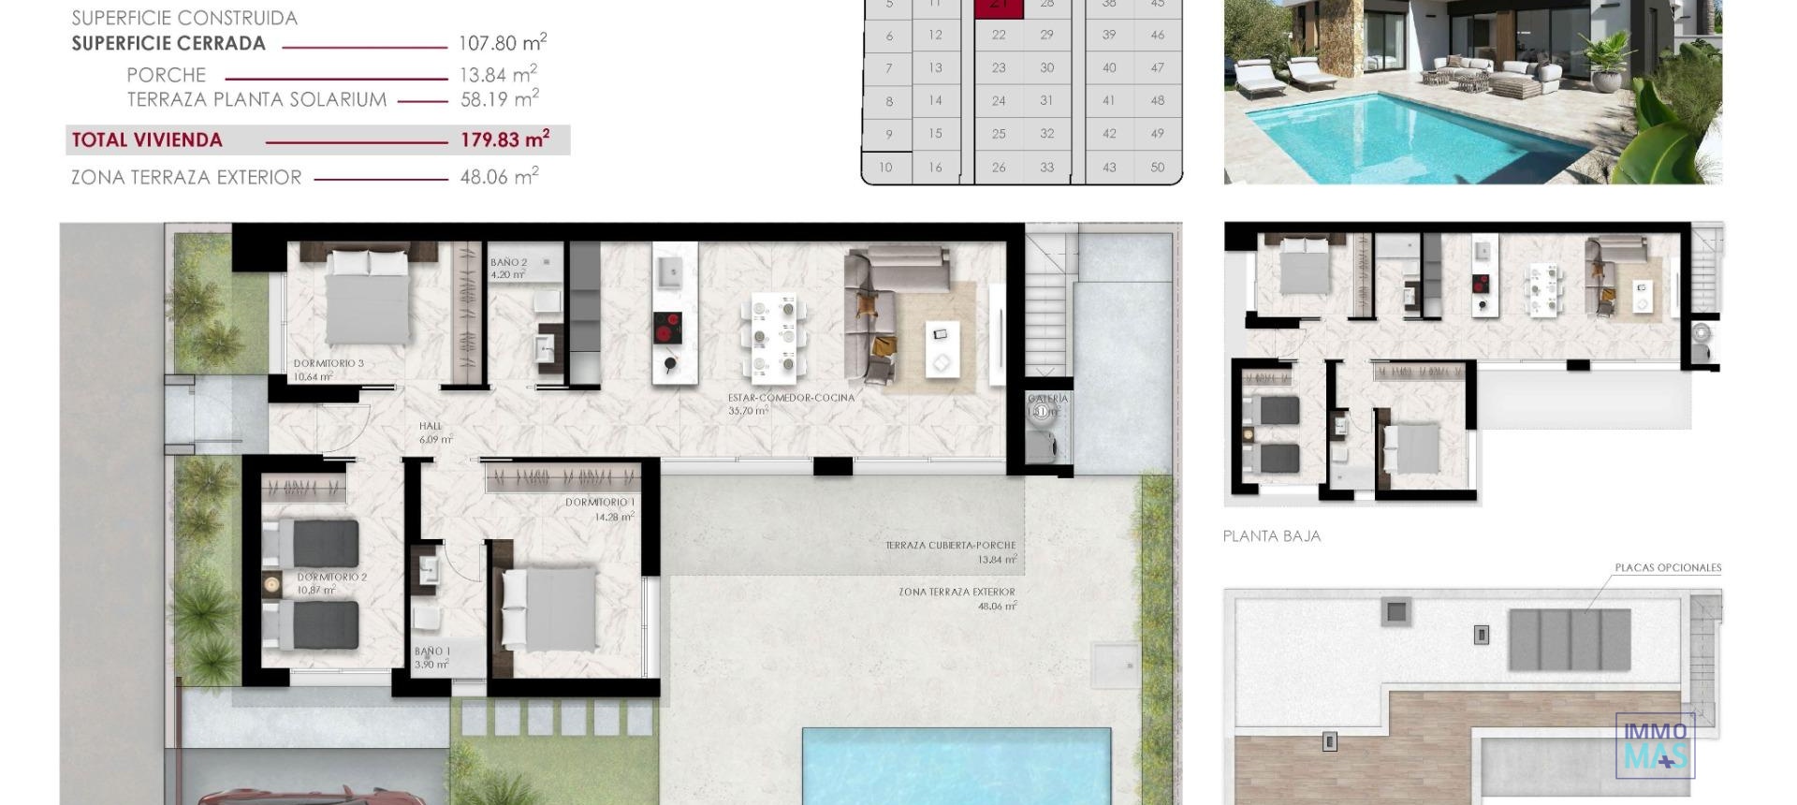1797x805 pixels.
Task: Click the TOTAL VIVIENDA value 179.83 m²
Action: coord(504,140)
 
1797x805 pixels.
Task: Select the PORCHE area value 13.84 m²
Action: coord(497,75)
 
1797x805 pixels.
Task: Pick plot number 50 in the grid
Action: coord(1158,168)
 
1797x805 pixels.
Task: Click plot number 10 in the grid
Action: coord(885,168)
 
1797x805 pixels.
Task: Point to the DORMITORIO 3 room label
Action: coord(328,364)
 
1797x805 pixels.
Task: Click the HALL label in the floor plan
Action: coord(431,427)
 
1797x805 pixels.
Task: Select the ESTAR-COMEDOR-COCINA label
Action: coord(791,398)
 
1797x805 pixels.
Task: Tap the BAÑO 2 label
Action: coord(508,263)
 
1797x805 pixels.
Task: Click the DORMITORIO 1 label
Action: coord(599,504)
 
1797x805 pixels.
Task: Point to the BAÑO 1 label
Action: coord(432,651)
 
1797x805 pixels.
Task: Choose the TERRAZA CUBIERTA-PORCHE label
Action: coord(950,546)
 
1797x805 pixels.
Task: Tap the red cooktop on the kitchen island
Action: coord(667,329)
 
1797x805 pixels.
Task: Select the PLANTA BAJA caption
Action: coord(1271,536)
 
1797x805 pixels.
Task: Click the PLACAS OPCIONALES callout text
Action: coord(1667,568)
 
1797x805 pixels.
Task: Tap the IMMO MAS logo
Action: coord(1655,745)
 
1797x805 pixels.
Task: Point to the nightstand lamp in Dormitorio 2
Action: coord(271,584)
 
